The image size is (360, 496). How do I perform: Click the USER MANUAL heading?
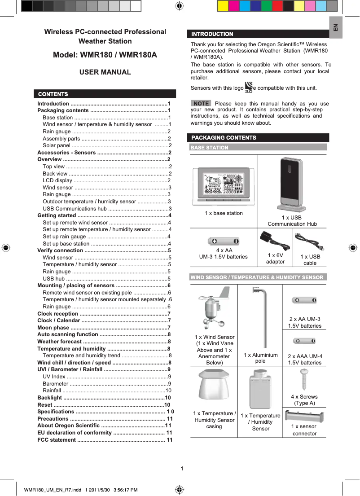[105, 72]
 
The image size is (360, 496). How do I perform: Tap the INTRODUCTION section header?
[258, 34]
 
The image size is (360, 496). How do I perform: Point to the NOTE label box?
[201, 104]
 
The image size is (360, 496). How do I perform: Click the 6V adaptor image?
[275, 242]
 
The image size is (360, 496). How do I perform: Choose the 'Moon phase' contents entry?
[53, 328]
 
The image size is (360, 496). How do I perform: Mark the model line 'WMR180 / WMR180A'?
[105, 55]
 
